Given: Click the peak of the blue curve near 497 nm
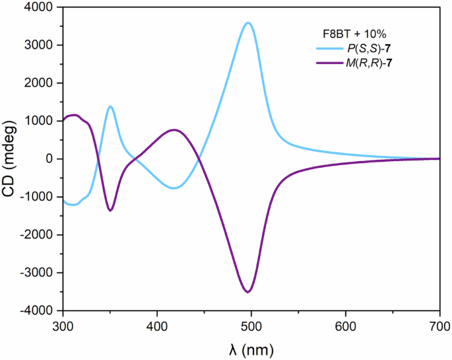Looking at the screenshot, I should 248,23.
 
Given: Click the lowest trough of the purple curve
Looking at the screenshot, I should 248,291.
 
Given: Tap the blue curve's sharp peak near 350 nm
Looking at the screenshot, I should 110,106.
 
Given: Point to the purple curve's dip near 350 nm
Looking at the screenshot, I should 110,210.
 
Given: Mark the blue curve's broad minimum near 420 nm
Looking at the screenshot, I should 174,188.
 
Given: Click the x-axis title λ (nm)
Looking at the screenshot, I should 251,347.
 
